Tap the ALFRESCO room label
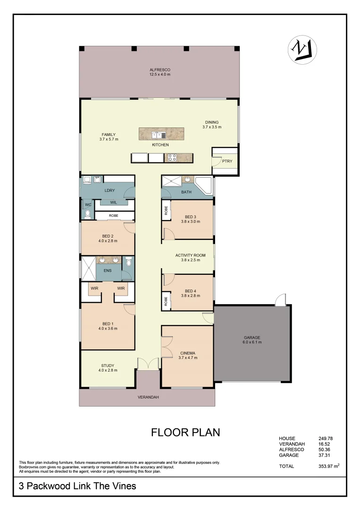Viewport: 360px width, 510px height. (159, 70)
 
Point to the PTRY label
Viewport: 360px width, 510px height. (227, 161)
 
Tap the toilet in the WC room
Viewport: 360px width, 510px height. (87, 214)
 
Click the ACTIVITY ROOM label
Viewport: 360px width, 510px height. (188, 255)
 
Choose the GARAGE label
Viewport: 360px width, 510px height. (252, 338)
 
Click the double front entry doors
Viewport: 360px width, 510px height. (148, 364)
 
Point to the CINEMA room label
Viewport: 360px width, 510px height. (187, 353)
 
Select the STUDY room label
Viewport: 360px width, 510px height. (108, 365)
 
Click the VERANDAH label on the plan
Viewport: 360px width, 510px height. (148, 397)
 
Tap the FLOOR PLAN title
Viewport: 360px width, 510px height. (185, 432)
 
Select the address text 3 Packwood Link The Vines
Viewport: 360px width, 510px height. (77, 485)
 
